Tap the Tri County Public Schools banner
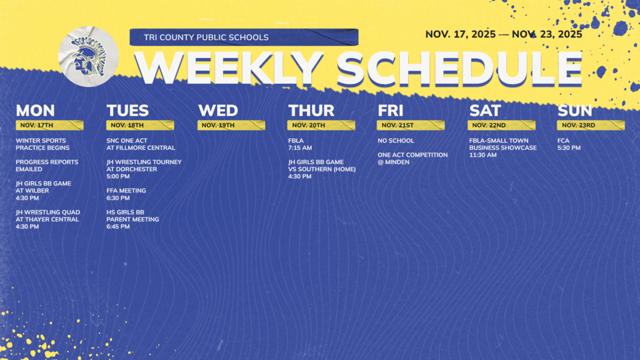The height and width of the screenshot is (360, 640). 244,37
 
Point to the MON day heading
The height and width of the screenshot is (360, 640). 35,111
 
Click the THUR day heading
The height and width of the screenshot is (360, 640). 311,111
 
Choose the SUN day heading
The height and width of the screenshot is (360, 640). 574,111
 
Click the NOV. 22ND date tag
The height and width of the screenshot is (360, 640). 489,125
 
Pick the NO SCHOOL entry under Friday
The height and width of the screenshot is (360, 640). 396,141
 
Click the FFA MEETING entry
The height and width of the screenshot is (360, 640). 126,191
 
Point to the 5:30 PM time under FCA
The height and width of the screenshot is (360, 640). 569,148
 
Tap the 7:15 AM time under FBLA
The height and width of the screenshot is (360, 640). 300,148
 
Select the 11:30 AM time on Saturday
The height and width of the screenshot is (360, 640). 483,155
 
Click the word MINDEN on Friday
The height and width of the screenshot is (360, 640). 399,162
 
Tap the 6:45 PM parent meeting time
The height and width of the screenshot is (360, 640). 118,227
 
